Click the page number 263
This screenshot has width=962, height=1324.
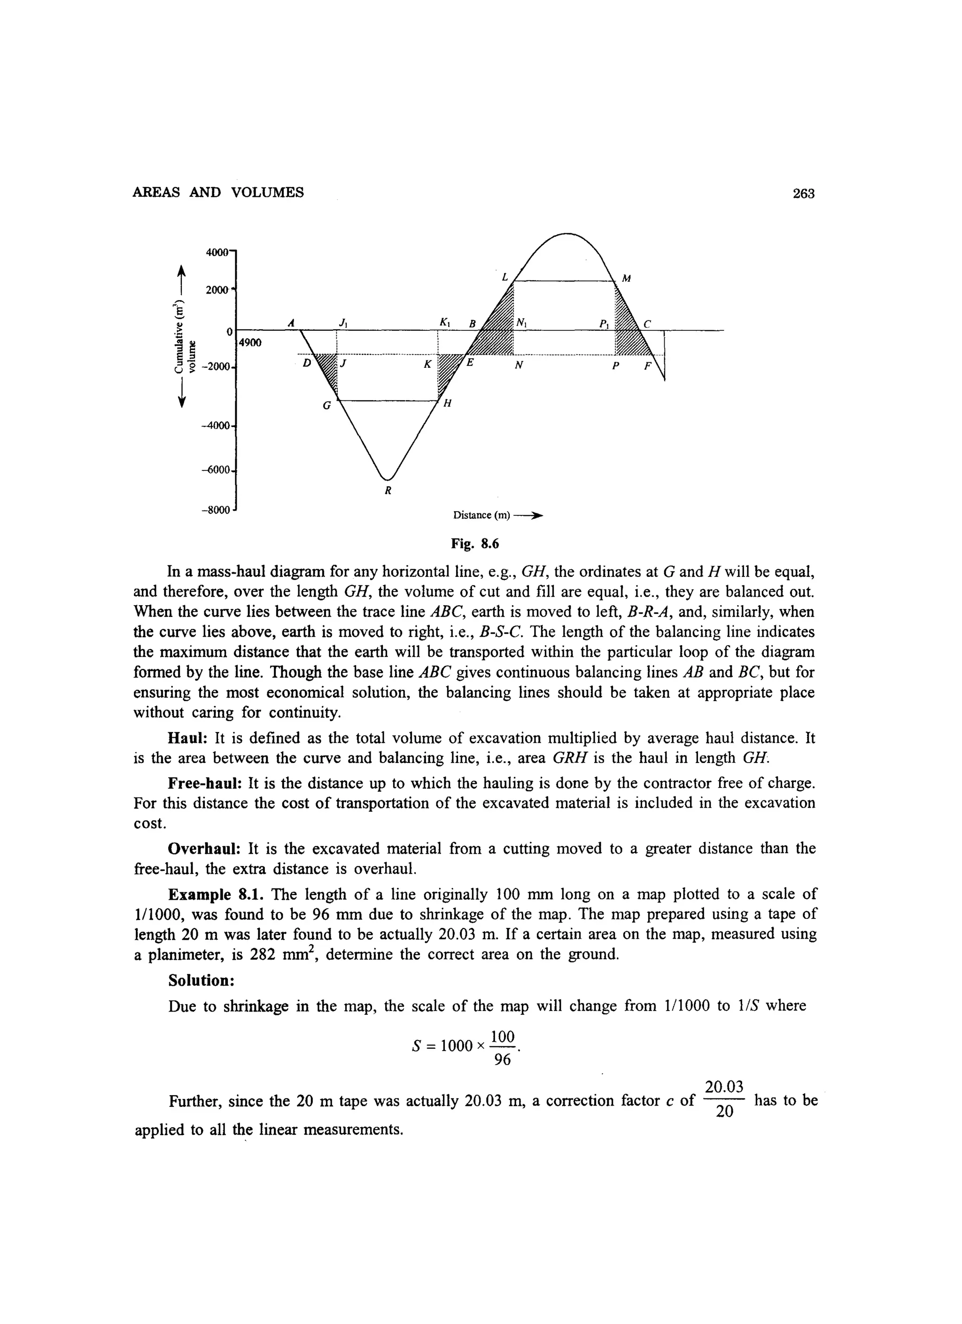pyautogui.click(x=803, y=193)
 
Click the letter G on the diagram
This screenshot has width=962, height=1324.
pyautogui.click(x=327, y=405)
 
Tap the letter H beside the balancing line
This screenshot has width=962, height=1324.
pyautogui.click(x=448, y=404)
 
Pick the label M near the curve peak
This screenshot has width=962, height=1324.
pyautogui.click(x=626, y=279)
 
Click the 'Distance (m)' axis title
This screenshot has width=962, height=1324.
pyautogui.click(x=481, y=515)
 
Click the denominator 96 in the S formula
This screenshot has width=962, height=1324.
pyautogui.click(x=502, y=1059)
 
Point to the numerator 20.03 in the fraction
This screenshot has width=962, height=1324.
pyautogui.click(x=724, y=1087)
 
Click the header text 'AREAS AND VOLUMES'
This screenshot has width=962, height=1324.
pyautogui.click(x=218, y=193)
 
